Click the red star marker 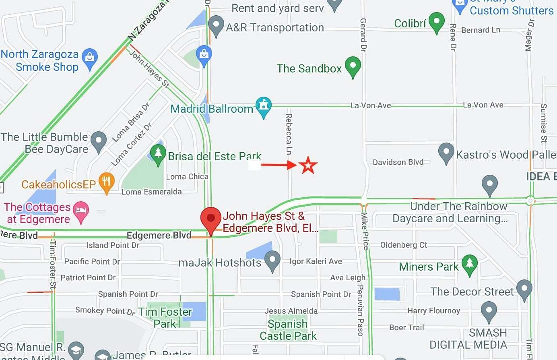(308, 165)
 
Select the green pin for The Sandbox (353, 66)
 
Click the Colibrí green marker (436, 21)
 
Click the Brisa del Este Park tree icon (158, 154)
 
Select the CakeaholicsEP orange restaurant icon (106, 183)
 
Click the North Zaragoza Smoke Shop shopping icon (90, 58)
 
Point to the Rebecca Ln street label (289, 134)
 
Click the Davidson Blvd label (398, 162)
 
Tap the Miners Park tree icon (469, 264)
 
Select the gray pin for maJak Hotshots (272, 260)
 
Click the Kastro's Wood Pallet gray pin (446, 153)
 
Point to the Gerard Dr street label (363, 35)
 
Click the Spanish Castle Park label (288, 330)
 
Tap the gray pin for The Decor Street (524, 289)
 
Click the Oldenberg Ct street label (404, 245)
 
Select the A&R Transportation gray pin (216, 25)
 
